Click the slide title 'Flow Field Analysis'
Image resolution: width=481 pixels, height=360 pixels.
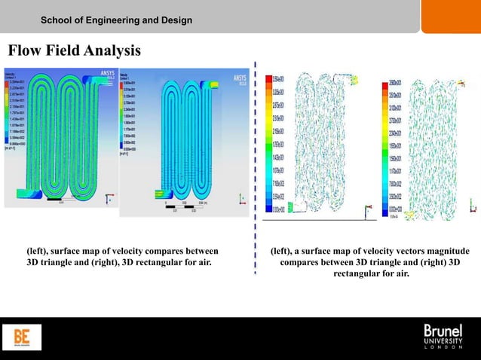pos(74,52)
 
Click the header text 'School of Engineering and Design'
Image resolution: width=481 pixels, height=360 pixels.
pos(116,19)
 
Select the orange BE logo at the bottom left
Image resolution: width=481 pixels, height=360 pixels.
pos(23,337)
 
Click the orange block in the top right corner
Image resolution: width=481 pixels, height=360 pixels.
pos(450,16)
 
